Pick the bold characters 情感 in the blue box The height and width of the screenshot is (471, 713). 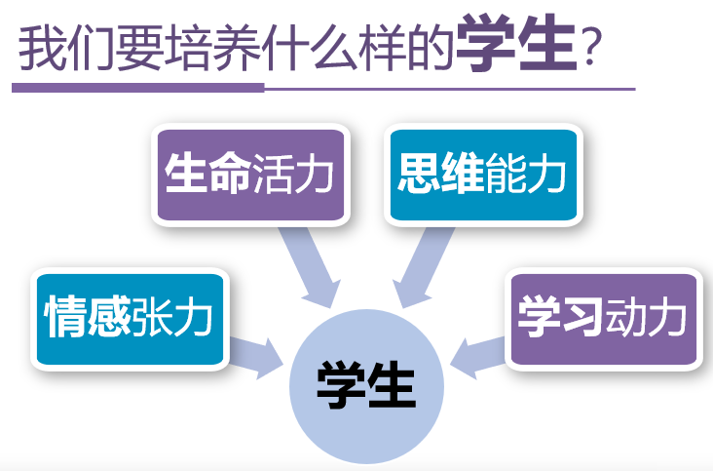(87, 318)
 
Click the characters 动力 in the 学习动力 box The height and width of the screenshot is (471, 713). (645, 318)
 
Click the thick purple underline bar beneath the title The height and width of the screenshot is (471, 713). (137, 87)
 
